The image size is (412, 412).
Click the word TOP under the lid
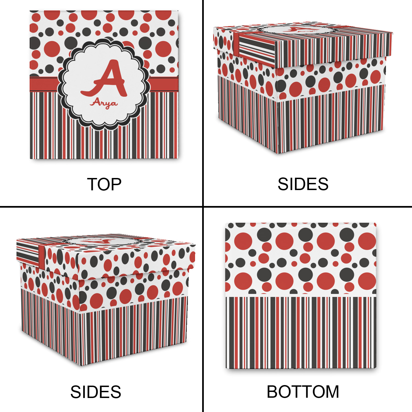[104, 184]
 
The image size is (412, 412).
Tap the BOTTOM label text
[303, 392]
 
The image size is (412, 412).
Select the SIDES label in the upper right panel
[303, 184]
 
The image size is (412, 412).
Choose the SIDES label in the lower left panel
[96, 392]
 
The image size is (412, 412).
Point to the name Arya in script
[104, 103]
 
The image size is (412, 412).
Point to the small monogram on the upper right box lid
[299, 30]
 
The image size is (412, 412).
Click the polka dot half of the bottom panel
[301, 258]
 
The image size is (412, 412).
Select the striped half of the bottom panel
[301, 332]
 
